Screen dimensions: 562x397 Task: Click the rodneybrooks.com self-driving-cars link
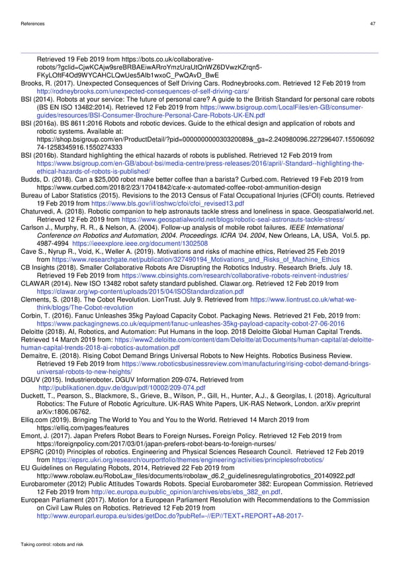[x=142, y=91]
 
